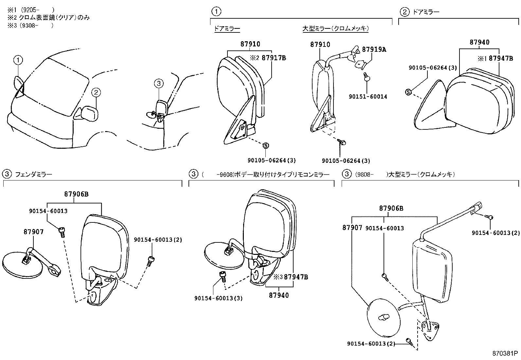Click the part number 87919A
374,49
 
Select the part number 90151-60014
368,97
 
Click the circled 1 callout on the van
18,60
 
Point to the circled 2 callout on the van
96,93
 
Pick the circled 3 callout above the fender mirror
158,84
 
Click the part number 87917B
274,58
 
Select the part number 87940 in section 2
479,42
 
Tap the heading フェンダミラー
33,175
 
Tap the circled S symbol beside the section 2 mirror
408,92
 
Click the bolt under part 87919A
367,77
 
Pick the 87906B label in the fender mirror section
76,194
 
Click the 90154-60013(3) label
218,298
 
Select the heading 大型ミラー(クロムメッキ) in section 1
335,29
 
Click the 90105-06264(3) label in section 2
433,68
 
